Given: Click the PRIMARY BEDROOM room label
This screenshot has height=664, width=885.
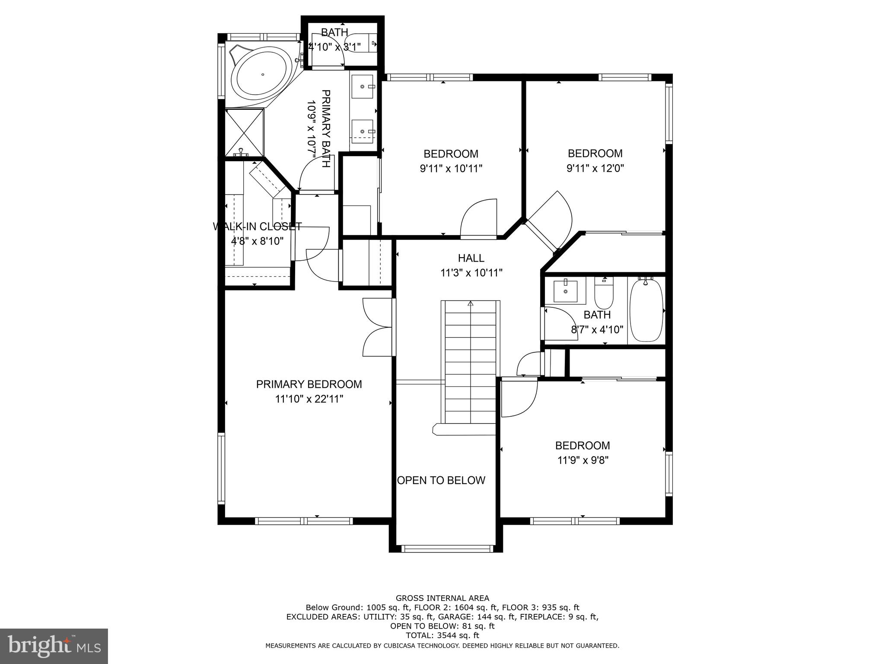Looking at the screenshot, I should point(309,384).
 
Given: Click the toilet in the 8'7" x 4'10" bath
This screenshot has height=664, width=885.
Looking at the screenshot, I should point(604,292).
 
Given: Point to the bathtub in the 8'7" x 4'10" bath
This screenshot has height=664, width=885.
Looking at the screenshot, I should point(646,310).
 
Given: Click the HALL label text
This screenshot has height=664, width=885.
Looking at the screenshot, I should point(471,258).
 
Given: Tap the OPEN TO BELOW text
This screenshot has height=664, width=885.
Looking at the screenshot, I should point(441,480).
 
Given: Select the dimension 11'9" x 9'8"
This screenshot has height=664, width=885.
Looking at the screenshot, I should point(583,460).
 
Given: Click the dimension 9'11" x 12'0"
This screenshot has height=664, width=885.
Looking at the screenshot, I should point(595,168).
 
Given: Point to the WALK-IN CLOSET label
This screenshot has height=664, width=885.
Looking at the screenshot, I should point(257,226).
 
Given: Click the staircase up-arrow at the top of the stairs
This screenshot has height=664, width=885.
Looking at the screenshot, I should point(470,303).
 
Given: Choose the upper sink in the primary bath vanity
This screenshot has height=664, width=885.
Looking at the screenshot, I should point(362,86).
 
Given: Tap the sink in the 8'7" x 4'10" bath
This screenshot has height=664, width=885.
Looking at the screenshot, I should point(565,291).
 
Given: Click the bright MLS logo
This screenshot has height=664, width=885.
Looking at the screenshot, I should point(54,646).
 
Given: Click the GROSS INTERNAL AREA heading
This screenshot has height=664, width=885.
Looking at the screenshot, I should point(442,598).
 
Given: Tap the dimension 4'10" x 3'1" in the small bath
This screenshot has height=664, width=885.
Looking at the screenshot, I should point(335,47).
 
